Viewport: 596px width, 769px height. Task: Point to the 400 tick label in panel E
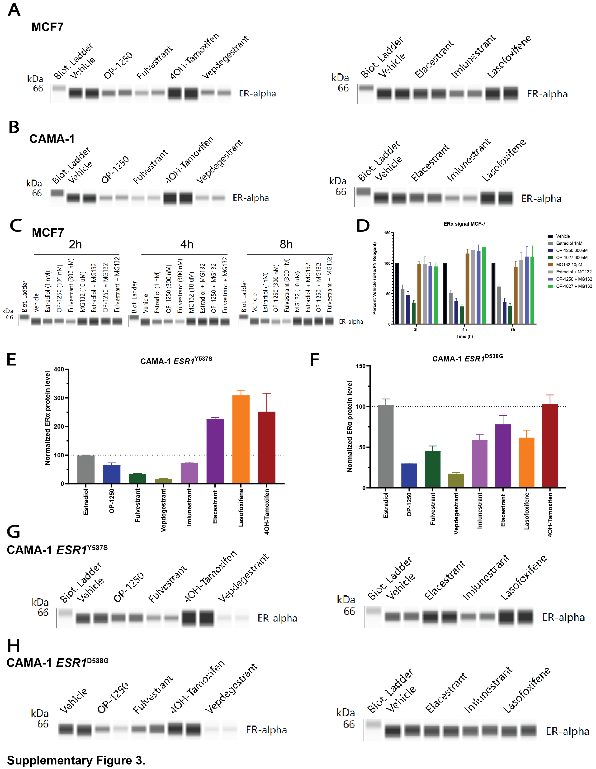pos(59,369)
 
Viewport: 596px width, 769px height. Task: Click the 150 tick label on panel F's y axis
pos(360,366)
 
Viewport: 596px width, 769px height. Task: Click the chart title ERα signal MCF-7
pos(464,224)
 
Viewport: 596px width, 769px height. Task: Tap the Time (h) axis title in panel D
pos(464,336)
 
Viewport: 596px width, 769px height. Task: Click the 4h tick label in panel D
pos(464,330)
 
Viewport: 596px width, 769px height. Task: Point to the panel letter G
pos(13,532)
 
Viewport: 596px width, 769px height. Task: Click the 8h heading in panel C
pos(286,244)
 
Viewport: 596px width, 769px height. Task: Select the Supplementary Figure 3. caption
pos(76,760)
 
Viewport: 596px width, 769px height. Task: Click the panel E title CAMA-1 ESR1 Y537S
pos(176,361)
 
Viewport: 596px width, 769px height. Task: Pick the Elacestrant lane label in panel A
pos(434,59)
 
